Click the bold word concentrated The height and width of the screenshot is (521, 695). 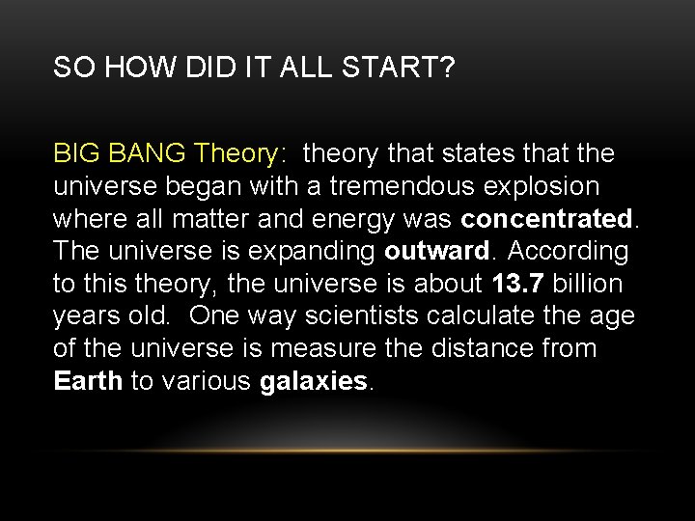pos(546,219)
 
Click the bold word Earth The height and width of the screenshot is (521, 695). pos(88,381)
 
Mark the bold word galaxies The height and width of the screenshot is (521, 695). pos(314,381)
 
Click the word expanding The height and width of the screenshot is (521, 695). pos(316,251)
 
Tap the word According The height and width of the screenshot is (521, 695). pos(568,251)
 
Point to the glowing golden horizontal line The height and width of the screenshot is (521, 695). pos(347,450)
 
